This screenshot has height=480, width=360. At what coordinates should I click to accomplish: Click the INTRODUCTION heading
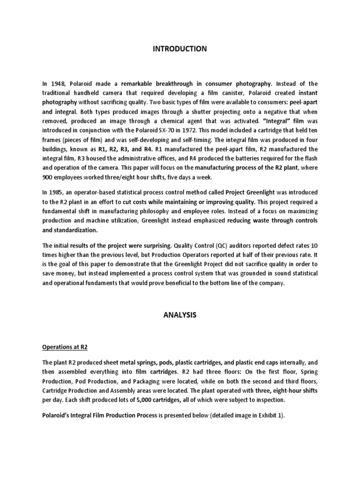tap(180, 49)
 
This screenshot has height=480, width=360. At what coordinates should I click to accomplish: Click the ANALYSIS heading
tap(180, 315)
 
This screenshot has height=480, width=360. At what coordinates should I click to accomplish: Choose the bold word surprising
tap(156, 245)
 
